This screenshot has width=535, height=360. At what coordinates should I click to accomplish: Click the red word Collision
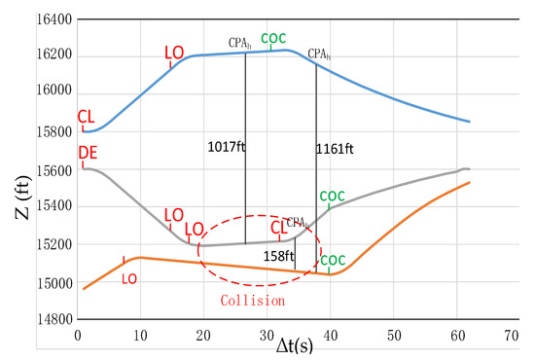tap(253, 301)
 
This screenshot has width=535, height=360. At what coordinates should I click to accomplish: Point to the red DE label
tap(89, 156)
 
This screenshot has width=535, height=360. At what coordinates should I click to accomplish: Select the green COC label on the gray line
tap(332, 196)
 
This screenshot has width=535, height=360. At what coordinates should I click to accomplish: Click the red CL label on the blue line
tap(87, 117)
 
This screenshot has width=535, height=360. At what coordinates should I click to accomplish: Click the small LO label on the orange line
tap(128, 278)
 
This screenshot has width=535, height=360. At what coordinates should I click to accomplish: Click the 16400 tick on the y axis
tap(53, 19)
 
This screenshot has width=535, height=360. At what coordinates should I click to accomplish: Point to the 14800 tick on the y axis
tap(53, 319)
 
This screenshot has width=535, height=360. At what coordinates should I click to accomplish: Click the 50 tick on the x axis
tap(393, 335)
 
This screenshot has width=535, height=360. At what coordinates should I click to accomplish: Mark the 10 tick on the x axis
tap(141, 335)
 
